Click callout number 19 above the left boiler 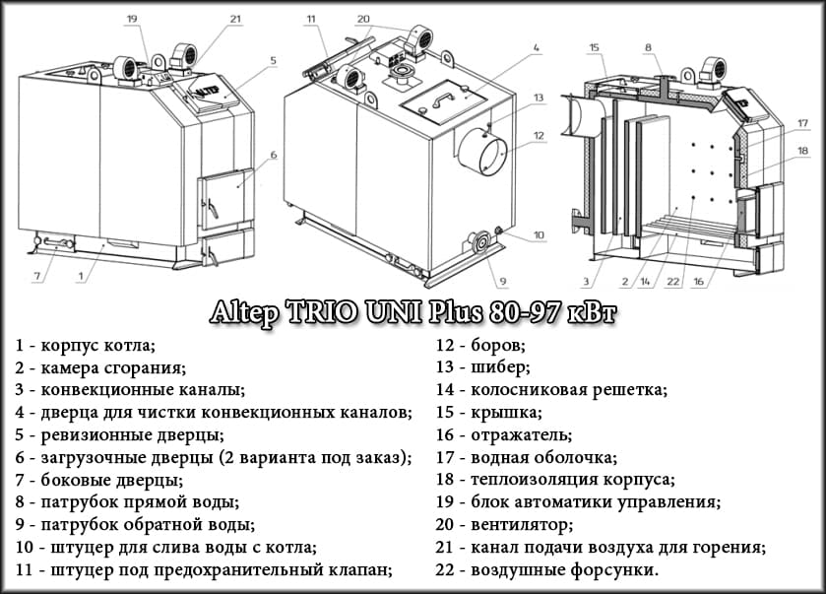(x=132, y=18)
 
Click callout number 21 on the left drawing (x=234, y=18)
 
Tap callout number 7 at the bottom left (x=37, y=277)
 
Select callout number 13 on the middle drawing (x=539, y=98)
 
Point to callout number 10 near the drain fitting (x=539, y=235)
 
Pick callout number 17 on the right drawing (x=802, y=123)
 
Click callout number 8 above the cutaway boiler (x=648, y=46)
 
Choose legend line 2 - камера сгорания (x=99, y=367)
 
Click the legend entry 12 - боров (x=479, y=346)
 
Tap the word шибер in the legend (x=503, y=367)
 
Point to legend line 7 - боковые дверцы (x=98, y=480)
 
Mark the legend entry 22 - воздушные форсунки (x=546, y=569)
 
